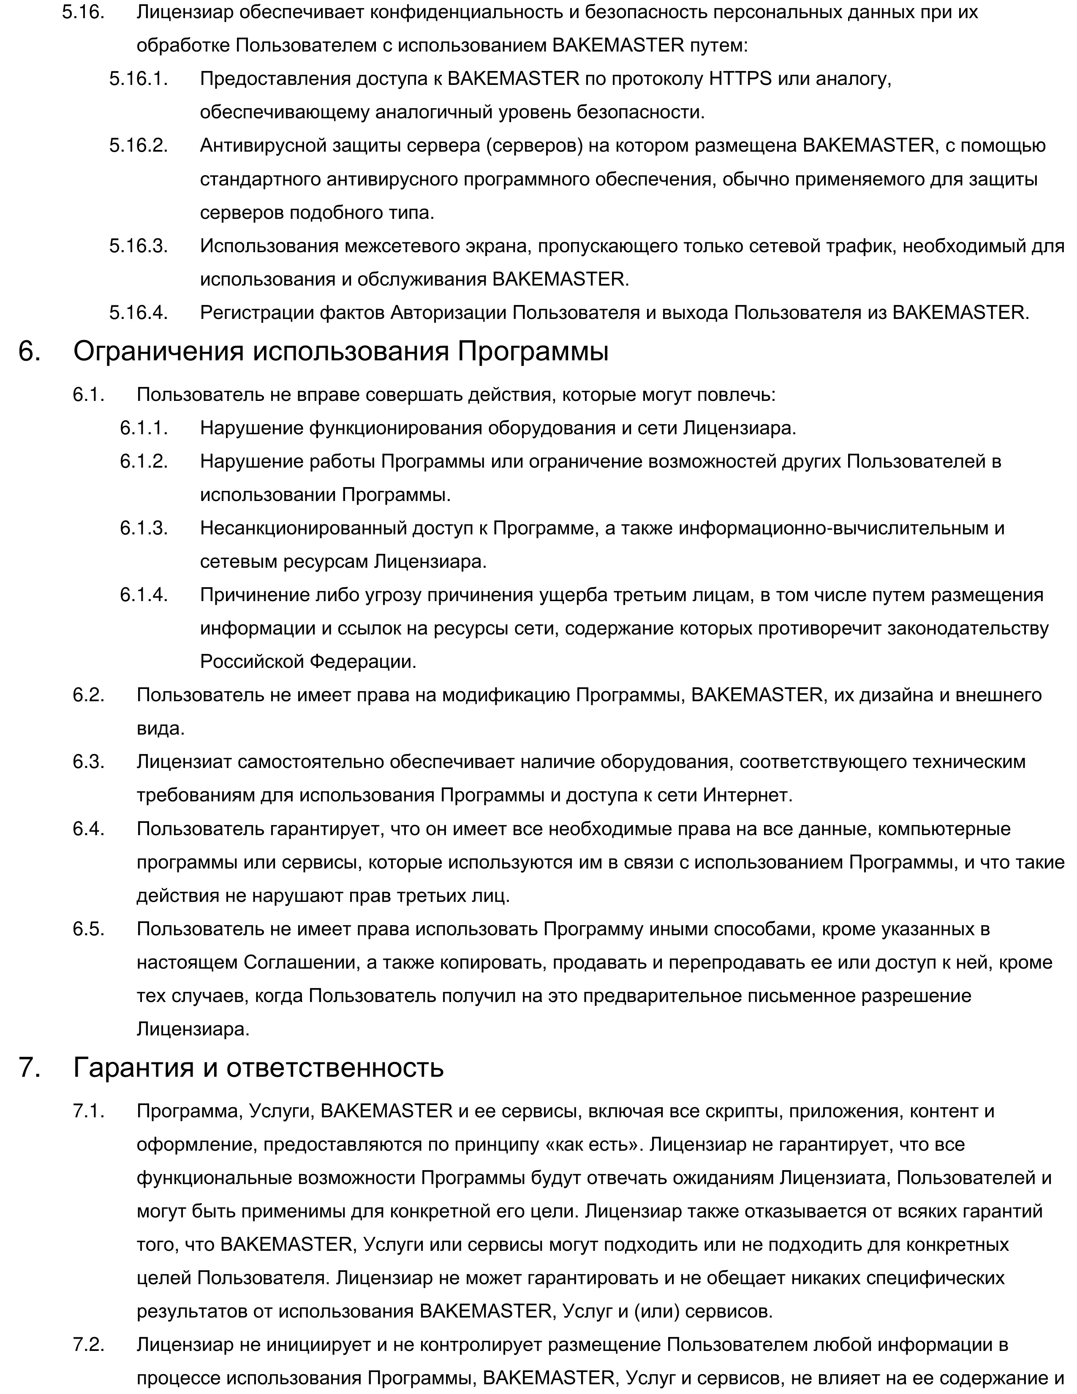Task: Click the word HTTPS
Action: click(740, 79)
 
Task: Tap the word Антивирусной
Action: click(263, 146)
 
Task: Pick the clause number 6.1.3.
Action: click(144, 528)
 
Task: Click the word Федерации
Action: click(362, 661)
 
